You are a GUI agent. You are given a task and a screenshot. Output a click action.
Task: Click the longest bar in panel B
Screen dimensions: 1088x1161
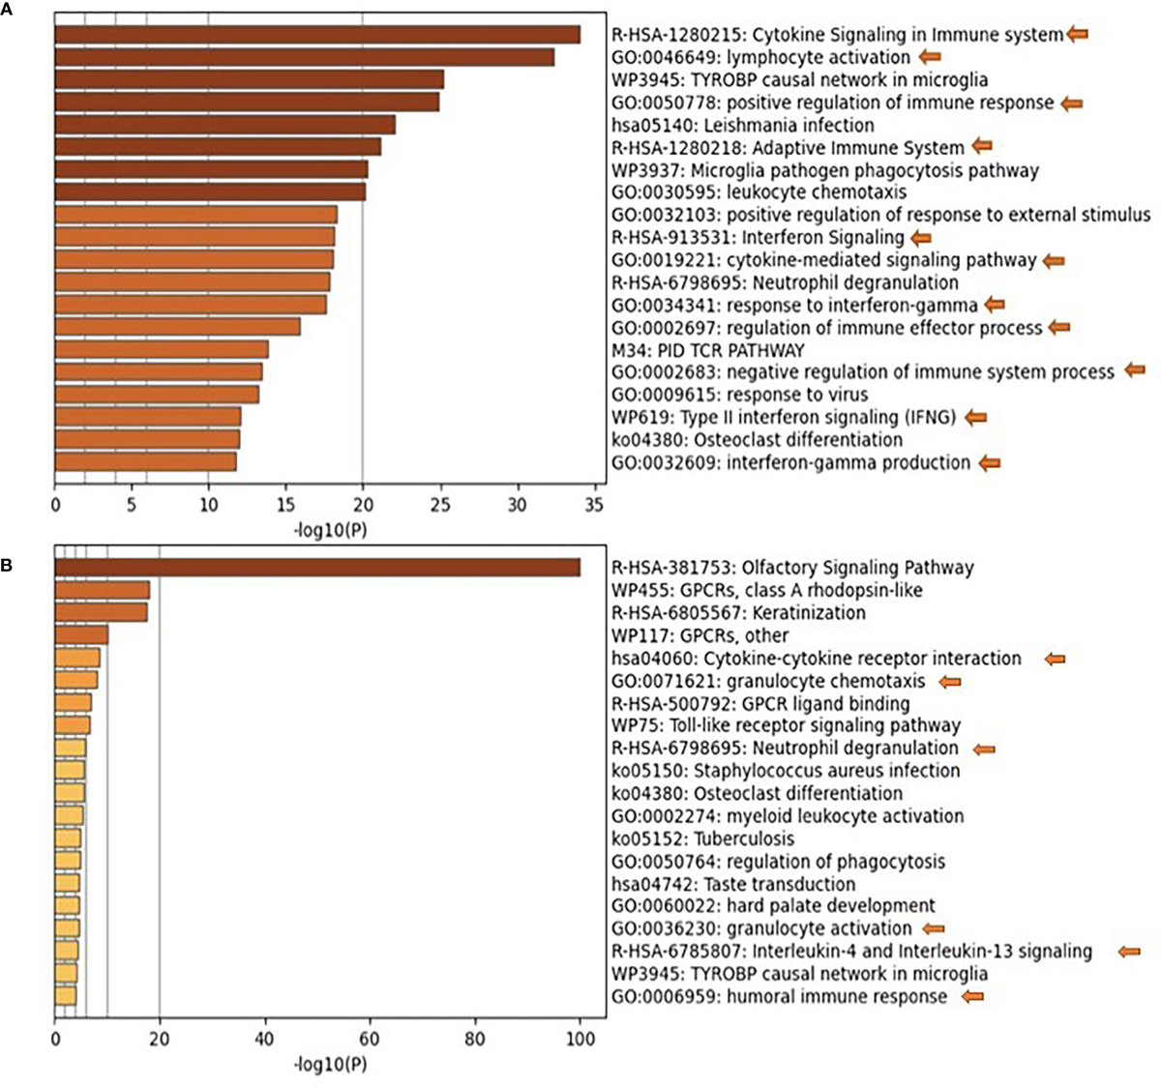coord(317,568)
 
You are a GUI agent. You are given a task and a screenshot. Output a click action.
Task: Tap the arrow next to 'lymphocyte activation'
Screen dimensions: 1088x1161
coord(929,57)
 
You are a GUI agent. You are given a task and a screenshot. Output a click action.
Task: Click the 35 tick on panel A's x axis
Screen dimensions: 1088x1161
coord(594,504)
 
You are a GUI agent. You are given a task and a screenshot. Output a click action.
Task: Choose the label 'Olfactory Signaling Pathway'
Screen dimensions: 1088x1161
coord(792,569)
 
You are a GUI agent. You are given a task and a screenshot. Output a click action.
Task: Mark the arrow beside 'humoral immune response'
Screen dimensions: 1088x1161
coord(971,996)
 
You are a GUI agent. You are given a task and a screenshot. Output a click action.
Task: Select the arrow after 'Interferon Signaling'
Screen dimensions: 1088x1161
coord(920,237)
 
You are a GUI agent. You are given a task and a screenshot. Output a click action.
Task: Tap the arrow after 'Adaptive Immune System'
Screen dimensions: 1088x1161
coord(982,147)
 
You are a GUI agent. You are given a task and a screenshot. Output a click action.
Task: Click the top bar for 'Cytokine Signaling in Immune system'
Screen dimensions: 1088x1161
coord(317,35)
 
